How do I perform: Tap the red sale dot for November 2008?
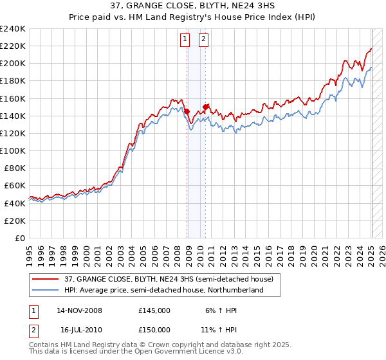187,111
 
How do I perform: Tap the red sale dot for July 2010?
205,107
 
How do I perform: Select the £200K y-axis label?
13,64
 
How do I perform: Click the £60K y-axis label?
15,185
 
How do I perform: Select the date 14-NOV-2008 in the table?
79,310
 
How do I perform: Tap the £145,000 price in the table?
154,310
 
